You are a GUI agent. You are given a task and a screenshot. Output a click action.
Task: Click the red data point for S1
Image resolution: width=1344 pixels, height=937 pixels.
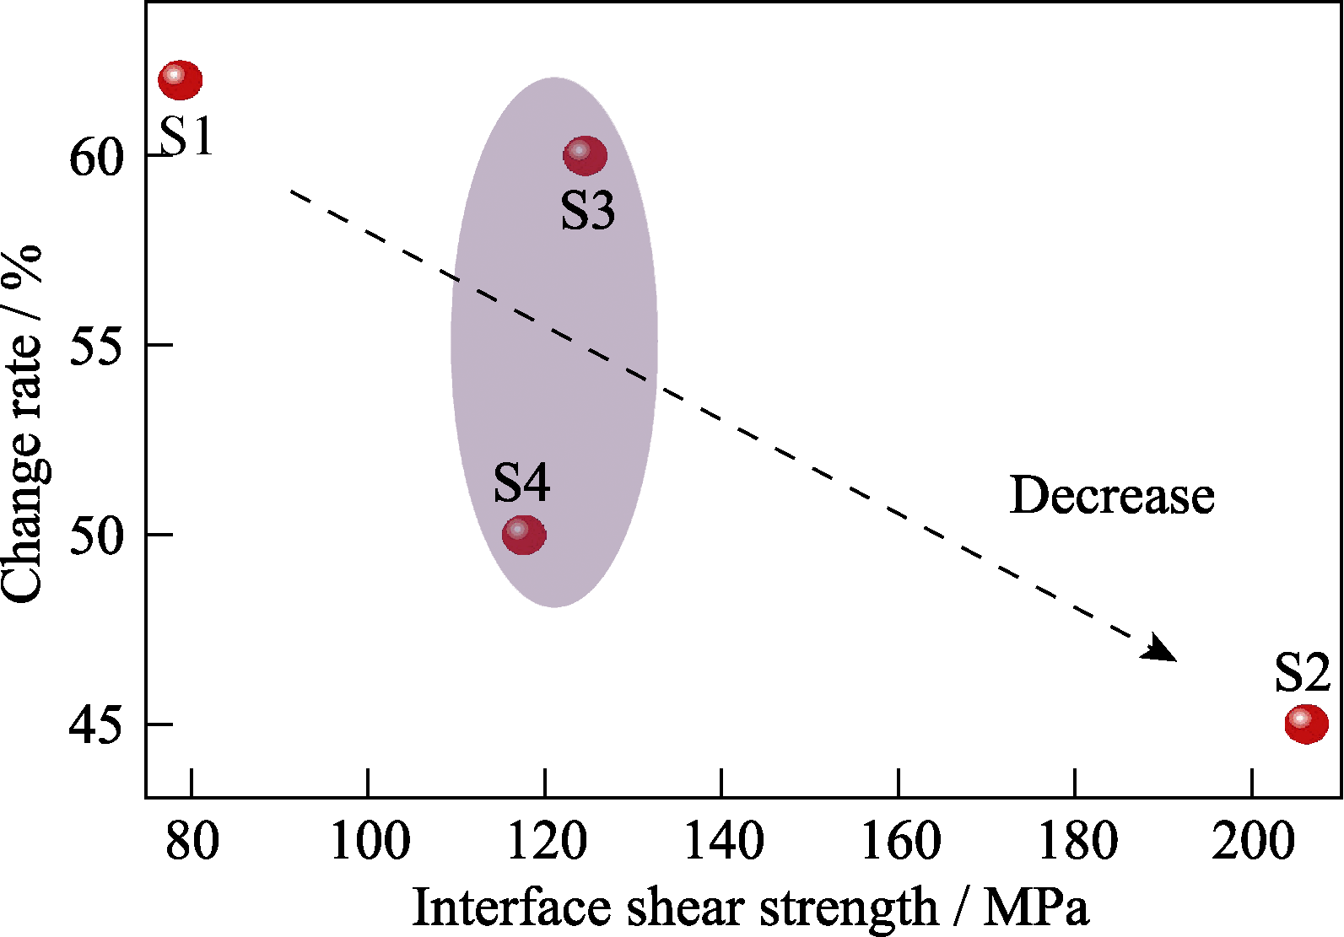[180, 80]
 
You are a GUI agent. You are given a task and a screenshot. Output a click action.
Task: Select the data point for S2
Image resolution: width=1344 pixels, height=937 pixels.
[1306, 723]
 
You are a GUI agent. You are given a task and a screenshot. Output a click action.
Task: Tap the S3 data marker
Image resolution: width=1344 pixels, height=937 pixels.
[585, 155]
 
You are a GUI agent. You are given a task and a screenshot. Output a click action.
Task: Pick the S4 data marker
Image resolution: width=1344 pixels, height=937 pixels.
[524, 534]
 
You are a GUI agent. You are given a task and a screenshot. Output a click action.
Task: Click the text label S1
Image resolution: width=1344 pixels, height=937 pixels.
[186, 136]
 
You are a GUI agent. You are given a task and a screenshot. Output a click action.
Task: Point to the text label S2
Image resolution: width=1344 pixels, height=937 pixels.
[1302, 672]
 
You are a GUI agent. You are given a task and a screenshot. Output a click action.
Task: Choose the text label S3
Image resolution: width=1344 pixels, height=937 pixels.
[587, 210]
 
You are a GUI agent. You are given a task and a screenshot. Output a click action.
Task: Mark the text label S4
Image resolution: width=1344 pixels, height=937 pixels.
[521, 483]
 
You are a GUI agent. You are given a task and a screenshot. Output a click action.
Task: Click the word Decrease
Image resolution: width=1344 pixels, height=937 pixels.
[1112, 495]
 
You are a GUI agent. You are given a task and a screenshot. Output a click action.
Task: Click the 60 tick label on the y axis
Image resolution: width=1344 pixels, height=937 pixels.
[96, 157]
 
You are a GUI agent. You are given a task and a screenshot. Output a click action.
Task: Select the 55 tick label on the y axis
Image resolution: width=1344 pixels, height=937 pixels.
[96, 346]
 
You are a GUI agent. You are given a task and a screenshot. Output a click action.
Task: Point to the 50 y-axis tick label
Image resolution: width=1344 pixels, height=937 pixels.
[96, 536]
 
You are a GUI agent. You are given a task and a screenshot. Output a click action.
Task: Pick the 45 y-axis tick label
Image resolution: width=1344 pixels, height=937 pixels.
[96, 725]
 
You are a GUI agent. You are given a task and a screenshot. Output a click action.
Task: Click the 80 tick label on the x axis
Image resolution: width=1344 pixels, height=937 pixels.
[192, 841]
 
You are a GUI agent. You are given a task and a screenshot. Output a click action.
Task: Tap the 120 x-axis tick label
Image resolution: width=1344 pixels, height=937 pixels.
[546, 841]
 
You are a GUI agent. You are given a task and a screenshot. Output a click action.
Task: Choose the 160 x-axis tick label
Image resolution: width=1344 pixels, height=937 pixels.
[899, 841]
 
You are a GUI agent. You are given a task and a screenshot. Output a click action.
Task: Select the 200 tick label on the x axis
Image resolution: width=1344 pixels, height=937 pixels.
[1252, 841]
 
